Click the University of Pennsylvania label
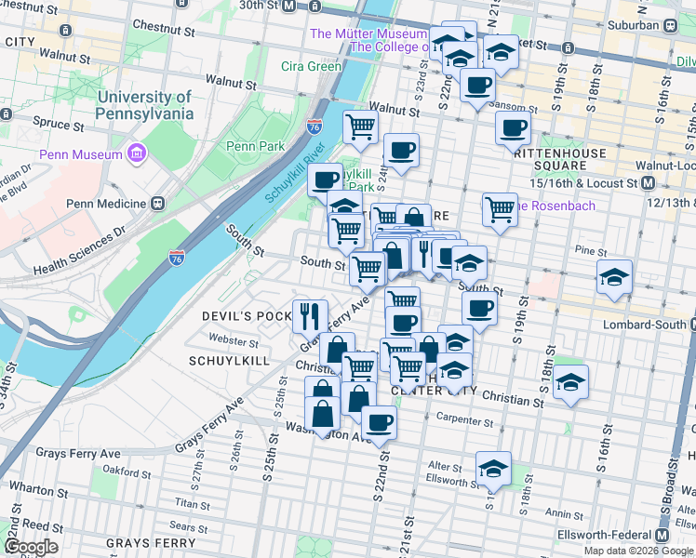(x=144, y=104)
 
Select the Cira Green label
(x=311, y=66)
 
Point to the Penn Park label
(x=254, y=146)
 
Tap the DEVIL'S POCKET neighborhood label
(x=248, y=316)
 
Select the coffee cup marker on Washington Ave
(x=378, y=423)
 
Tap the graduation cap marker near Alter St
(x=493, y=467)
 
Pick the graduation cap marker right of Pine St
(x=614, y=276)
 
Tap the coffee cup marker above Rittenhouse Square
(x=513, y=128)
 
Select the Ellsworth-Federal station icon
(x=663, y=536)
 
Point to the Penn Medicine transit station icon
(x=158, y=203)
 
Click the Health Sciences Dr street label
(x=76, y=254)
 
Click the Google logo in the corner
(x=31, y=547)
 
